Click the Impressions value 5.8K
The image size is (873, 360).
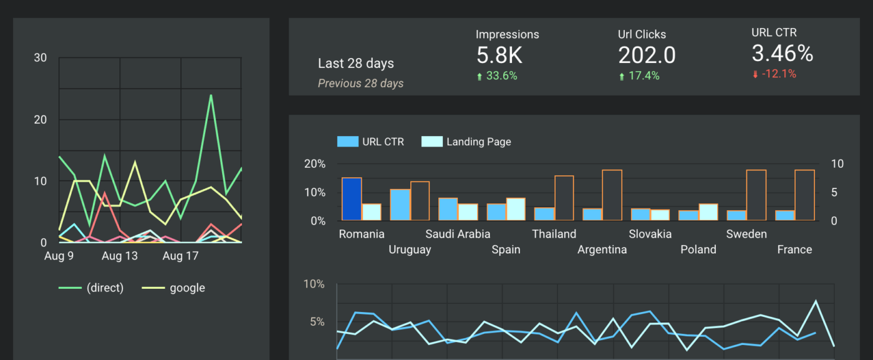499,56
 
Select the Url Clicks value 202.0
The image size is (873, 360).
647,56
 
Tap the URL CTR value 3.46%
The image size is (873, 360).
782,54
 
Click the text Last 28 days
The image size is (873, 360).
355,64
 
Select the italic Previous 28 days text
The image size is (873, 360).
360,84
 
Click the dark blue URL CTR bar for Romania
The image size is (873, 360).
352,199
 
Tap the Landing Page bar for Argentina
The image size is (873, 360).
612,195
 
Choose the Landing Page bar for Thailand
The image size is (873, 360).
564,198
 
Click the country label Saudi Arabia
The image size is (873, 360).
458,235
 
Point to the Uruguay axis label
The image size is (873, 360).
410,250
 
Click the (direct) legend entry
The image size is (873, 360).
105,288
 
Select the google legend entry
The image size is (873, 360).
187,288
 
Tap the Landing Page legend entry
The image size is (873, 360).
478,142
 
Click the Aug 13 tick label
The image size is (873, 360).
119,256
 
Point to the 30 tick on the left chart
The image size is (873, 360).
41,58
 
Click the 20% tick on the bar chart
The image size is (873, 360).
314,164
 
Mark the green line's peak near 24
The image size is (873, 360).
211,95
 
